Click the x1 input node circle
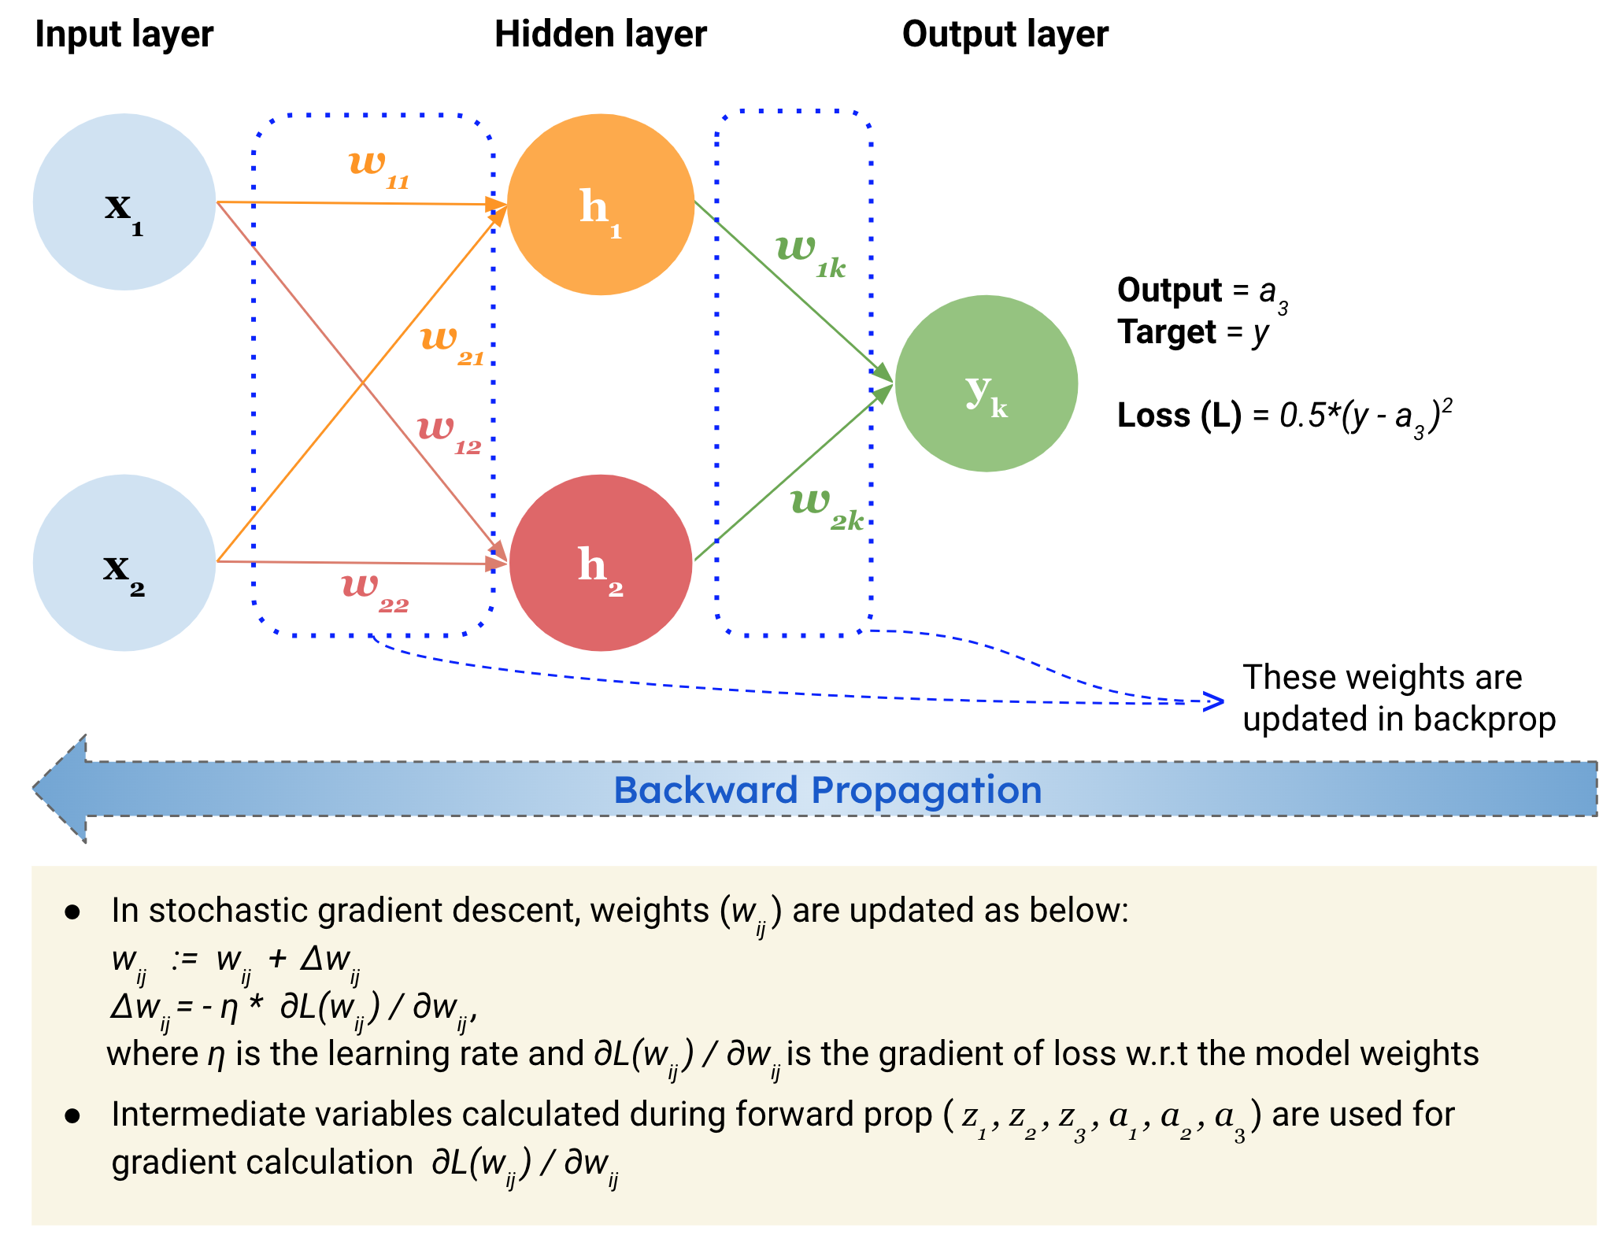pos(124,202)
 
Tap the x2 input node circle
pos(124,562)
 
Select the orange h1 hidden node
pos(600,205)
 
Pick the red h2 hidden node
pos(600,562)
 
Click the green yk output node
pos(986,383)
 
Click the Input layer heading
pos(124,35)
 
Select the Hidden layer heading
pos(600,35)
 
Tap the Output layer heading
pos(1005,35)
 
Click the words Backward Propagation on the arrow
pos(827,790)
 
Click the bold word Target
pos(1167,331)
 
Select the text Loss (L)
pos(1179,415)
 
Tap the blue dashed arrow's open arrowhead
pos(1216,701)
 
